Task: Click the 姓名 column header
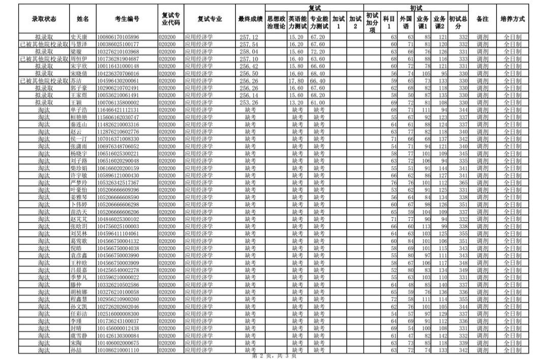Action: [82, 19]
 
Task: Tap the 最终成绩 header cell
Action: [251, 19]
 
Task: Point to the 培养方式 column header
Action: [512, 19]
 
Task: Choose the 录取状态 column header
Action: [44, 19]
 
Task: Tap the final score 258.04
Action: [249, 52]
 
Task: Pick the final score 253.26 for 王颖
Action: [249, 102]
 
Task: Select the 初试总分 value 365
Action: [463, 183]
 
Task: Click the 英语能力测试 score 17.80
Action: [296, 81]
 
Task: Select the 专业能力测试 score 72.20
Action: [318, 52]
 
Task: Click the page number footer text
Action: [274, 356]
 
